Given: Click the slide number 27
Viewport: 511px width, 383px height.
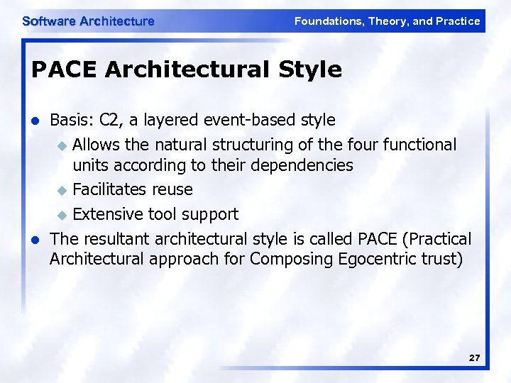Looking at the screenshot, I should (x=474, y=359).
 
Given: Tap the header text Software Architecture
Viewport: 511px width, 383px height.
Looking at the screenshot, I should (x=88, y=21).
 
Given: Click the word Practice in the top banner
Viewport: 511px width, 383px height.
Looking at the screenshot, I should (x=458, y=21).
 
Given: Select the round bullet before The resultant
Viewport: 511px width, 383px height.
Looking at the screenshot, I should (x=34, y=238).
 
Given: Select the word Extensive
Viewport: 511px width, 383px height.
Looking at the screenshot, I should (x=107, y=214).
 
